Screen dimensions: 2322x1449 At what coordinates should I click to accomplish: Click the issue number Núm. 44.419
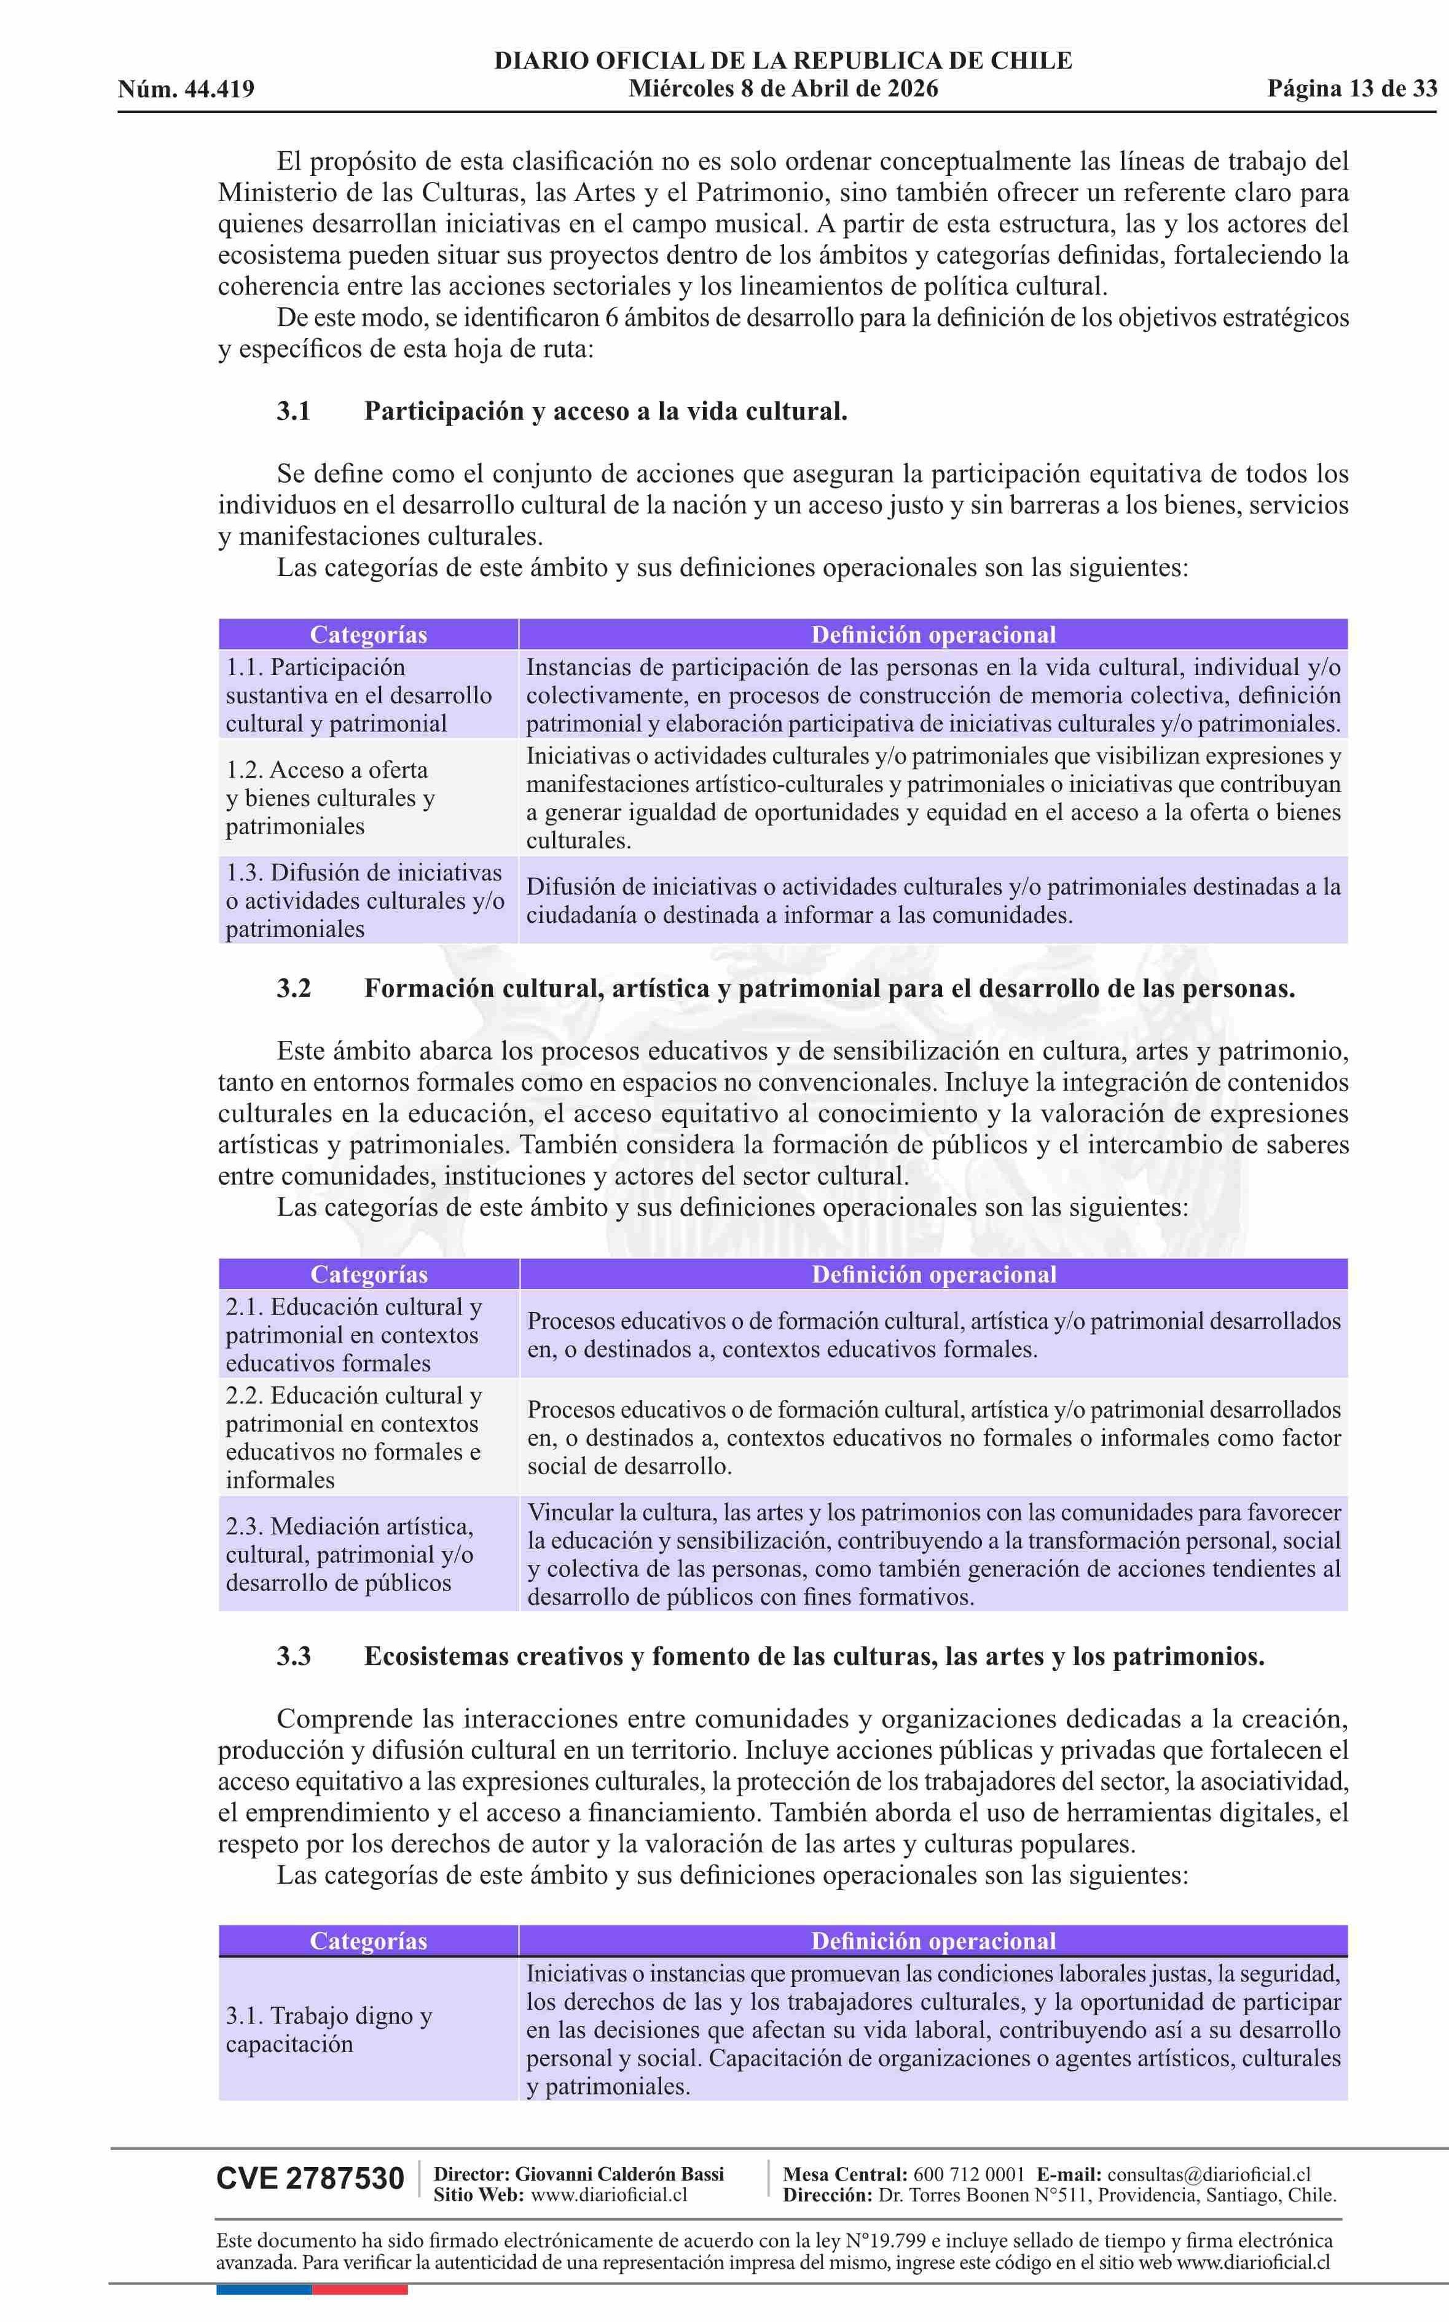[186, 89]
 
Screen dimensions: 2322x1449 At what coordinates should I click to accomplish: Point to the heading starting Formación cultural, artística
[829, 989]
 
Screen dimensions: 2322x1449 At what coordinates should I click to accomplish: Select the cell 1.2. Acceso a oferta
[331, 797]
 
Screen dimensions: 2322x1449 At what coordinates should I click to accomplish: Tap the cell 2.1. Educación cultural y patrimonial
[353, 1335]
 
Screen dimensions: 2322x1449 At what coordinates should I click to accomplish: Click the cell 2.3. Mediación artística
[350, 1554]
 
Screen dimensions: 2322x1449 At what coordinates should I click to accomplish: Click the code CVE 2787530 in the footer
[310, 2178]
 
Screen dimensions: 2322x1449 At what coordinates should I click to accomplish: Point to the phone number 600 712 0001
[968, 2174]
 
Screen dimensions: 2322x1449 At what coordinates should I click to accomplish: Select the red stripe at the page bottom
[359, 2291]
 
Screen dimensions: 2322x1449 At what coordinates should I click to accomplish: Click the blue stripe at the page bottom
[264, 2291]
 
